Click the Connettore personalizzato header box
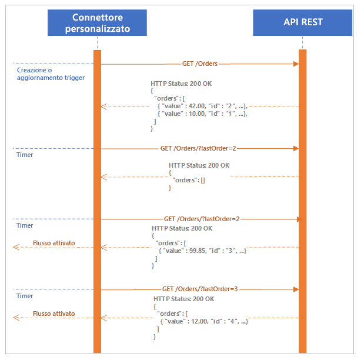[97, 23]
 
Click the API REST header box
[303, 23]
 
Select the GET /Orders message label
[199, 64]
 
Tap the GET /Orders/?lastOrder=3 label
[200, 289]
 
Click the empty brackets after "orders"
[202, 180]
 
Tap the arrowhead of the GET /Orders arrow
[296, 64]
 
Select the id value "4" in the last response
[233, 321]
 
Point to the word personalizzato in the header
[97, 29]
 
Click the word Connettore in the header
[97, 17]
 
